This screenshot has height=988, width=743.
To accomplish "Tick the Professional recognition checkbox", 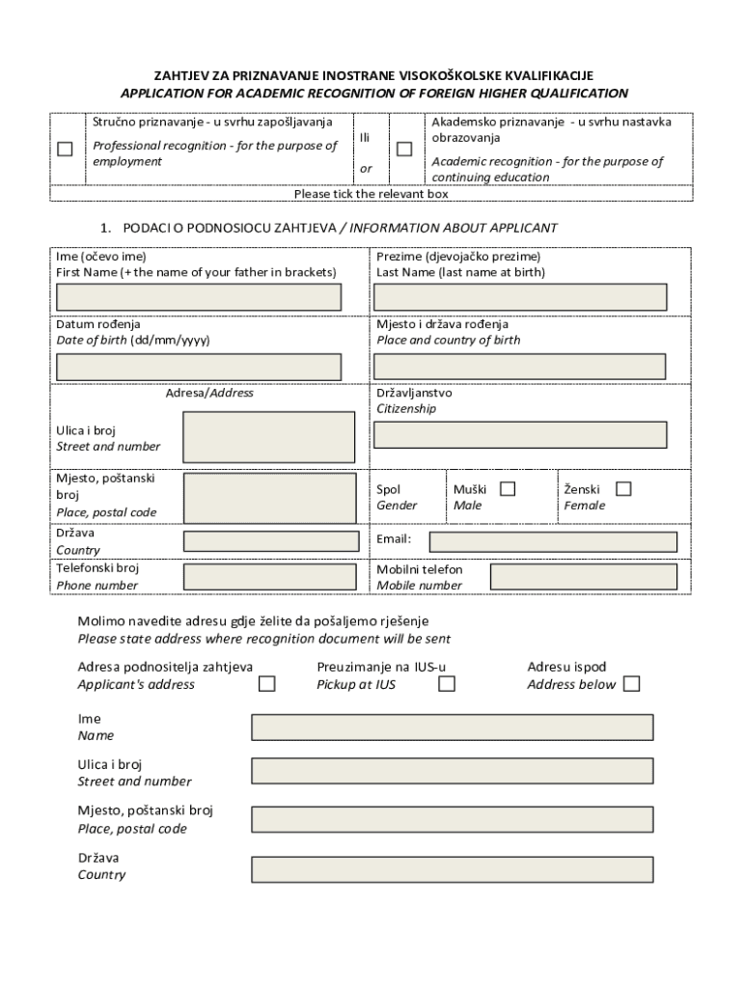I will click(65, 149).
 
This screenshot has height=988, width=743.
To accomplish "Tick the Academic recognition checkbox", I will click(404, 149).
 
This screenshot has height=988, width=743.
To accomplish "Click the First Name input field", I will click(199, 297).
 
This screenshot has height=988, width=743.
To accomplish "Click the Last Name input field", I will click(519, 297).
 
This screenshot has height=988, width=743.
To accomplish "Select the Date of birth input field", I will click(199, 367).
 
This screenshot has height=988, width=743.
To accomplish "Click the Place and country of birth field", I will click(519, 367).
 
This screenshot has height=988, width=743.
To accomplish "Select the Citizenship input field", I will click(519, 435).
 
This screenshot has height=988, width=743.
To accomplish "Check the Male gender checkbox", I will click(508, 489).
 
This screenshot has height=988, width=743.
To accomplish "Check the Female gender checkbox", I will click(623, 489).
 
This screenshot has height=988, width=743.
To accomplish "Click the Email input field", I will click(553, 541).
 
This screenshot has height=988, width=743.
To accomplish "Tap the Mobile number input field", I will click(583, 577).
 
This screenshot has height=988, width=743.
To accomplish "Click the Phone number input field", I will click(270, 577).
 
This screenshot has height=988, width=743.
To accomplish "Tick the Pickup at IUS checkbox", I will click(447, 684).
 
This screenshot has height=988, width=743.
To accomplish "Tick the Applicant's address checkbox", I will click(267, 684).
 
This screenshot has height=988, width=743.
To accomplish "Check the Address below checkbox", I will click(631, 684).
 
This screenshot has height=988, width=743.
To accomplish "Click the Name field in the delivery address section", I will click(452, 727).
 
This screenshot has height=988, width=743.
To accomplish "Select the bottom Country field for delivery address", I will click(452, 869).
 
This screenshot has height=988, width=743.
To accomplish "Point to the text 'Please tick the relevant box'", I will click(371, 194).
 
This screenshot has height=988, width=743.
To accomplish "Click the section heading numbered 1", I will click(329, 228).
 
